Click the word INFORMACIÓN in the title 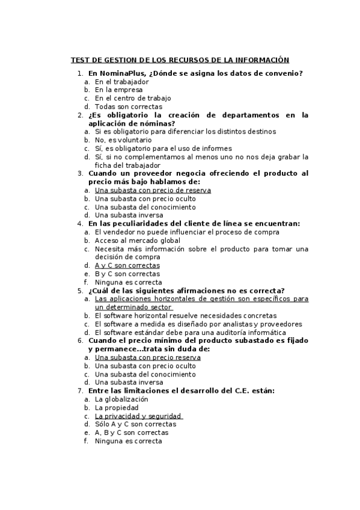point(261,60)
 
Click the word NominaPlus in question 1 point(119,73)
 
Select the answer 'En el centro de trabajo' point(133,98)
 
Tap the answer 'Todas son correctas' point(129,106)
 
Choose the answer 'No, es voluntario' point(123,140)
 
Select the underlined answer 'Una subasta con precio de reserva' point(153,190)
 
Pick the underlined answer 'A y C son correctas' point(127,265)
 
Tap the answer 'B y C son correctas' point(127,274)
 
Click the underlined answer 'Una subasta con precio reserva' point(148,357)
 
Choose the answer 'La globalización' point(121,399)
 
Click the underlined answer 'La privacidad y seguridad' point(138,416)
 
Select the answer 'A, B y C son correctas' point(132,432)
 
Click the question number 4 point(81,224)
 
